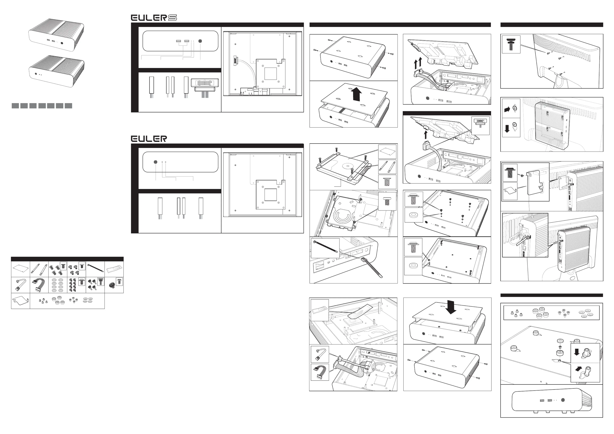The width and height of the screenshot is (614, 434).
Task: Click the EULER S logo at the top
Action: (x=154, y=18)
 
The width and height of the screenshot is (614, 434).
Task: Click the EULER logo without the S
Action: (x=149, y=139)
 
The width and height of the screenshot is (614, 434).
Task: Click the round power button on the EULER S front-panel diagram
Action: (x=200, y=41)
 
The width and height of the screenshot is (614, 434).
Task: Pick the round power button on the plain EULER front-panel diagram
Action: (x=156, y=162)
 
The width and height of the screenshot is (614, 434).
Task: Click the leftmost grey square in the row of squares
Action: (x=15, y=106)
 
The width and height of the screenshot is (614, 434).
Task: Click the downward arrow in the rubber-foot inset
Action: (x=577, y=352)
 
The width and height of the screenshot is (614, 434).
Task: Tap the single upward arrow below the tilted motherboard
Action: (x=426, y=135)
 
